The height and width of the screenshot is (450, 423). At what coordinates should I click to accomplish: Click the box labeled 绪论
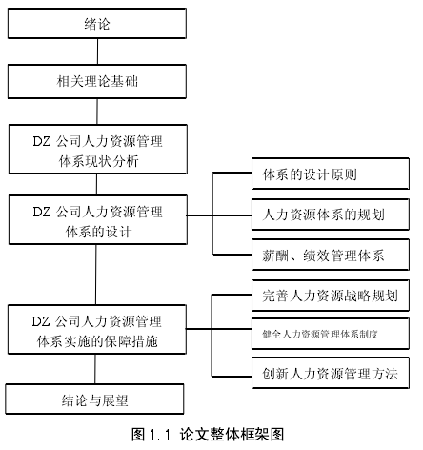97,24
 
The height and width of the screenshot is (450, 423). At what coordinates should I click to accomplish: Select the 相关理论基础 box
97,81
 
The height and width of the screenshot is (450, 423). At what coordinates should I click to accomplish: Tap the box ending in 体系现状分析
98,150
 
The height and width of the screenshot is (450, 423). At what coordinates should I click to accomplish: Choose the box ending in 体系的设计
98,220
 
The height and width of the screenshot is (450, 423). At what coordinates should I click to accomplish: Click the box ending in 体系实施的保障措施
97,330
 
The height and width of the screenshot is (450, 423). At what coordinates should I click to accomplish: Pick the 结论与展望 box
94,399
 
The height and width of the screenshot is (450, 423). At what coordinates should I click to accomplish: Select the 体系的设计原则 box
331,174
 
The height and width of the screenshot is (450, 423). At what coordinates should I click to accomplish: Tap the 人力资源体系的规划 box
331,215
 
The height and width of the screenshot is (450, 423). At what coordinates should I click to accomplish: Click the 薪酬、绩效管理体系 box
331,255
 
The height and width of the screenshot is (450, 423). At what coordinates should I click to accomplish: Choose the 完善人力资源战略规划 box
331,296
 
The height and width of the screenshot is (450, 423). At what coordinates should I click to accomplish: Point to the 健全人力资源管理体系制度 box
331,334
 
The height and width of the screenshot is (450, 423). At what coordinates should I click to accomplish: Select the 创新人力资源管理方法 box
331,373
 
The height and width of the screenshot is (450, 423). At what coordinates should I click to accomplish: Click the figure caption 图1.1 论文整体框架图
208,434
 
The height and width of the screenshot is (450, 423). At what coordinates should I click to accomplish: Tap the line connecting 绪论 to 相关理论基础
97,51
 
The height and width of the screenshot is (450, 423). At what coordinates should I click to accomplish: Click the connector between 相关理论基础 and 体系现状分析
97,112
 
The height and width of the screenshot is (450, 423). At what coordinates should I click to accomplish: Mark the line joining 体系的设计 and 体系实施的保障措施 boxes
96,275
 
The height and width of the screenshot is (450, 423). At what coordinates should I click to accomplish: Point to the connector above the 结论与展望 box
95,369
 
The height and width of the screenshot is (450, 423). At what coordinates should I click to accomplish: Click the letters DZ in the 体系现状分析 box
42,141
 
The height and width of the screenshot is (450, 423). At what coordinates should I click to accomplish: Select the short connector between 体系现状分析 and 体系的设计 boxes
96,185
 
